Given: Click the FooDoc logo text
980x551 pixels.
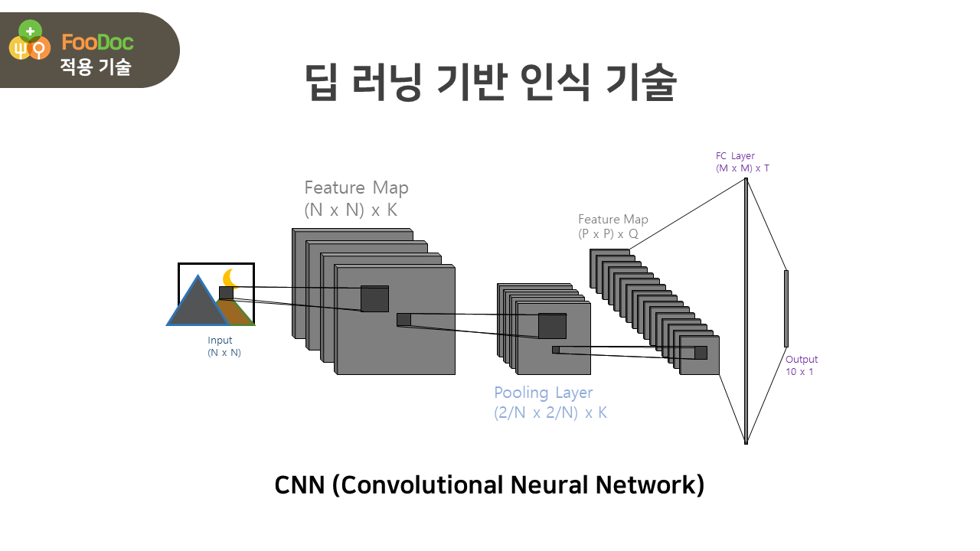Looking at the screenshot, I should (x=97, y=42).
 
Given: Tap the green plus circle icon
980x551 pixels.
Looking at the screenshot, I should (x=30, y=32).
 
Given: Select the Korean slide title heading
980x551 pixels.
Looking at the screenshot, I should (x=490, y=83).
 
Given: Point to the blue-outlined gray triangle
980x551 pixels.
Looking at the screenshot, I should (x=197, y=305).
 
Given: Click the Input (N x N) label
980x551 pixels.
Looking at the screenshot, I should (x=224, y=347).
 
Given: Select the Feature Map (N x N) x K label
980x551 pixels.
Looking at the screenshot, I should (x=356, y=198).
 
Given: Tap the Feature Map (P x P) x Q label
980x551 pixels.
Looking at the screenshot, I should (x=612, y=227).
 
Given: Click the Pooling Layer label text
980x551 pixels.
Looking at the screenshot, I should (x=543, y=393).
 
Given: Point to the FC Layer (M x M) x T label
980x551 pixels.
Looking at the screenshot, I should (x=742, y=162).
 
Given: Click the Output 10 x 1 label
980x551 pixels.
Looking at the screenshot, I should (x=801, y=365).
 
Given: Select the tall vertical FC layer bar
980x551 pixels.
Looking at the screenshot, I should (x=746, y=310).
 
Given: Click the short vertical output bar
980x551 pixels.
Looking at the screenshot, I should (x=786, y=308).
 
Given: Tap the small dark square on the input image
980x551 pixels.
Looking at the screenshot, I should (x=226, y=293).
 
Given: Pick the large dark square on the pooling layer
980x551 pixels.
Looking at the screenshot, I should (x=552, y=326).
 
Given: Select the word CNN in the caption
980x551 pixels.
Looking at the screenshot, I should (x=299, y=485).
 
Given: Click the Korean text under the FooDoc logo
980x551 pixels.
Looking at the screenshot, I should (x=96, y=67).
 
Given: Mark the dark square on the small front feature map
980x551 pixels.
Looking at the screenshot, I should (x=701, y=352).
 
